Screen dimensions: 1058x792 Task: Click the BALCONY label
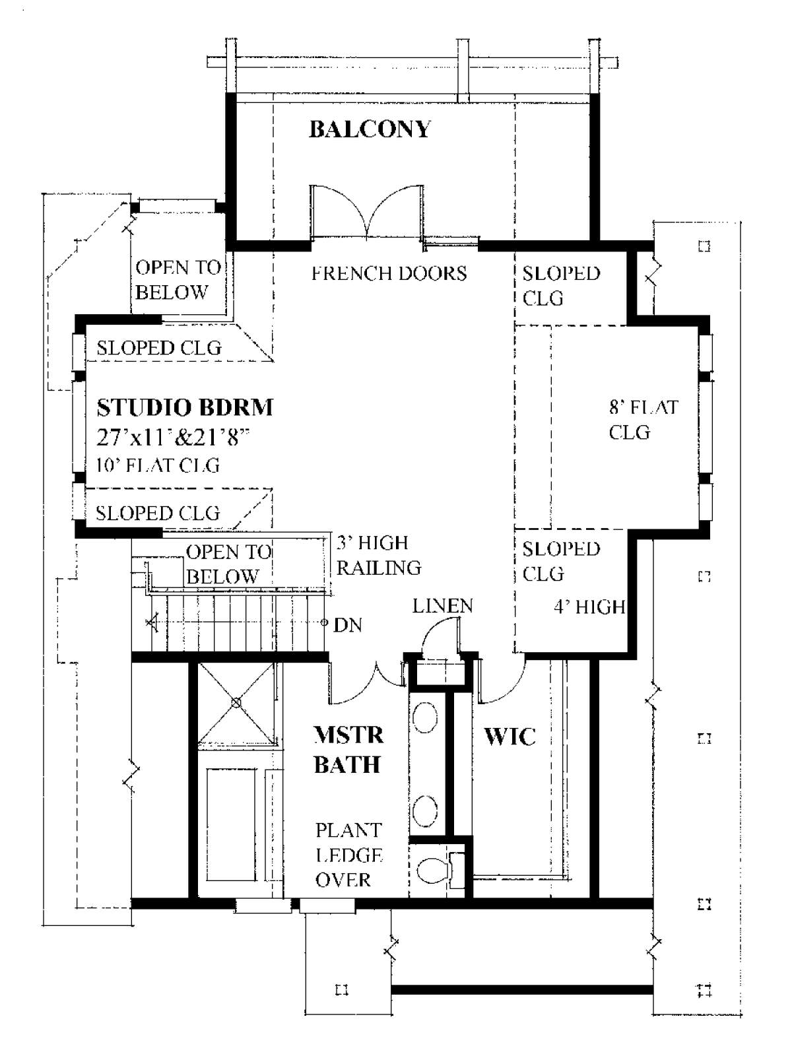click(370, 129)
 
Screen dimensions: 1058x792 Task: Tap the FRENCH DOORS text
click(389, 273)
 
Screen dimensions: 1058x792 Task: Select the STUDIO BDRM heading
click(185, 407)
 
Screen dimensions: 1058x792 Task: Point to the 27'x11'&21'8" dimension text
click(175, 437)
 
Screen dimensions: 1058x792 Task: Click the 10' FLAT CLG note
click(158, 465)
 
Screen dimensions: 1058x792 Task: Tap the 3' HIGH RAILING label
click(378, 555)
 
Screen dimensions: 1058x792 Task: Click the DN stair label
click(348, 624)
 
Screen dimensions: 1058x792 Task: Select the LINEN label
click(442, 605)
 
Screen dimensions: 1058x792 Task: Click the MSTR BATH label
click(348, 749)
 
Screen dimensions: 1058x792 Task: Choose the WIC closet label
click(510, 736)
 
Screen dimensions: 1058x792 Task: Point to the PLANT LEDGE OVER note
click(348, 855)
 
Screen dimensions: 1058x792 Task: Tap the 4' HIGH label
click(589, 606)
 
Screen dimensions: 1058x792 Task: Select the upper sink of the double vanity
click(426, 717)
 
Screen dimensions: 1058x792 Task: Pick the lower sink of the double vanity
click(426, 809)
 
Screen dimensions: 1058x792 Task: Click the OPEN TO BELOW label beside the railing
click(228, 564)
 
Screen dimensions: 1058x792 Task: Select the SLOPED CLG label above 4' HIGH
click(561, 561)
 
